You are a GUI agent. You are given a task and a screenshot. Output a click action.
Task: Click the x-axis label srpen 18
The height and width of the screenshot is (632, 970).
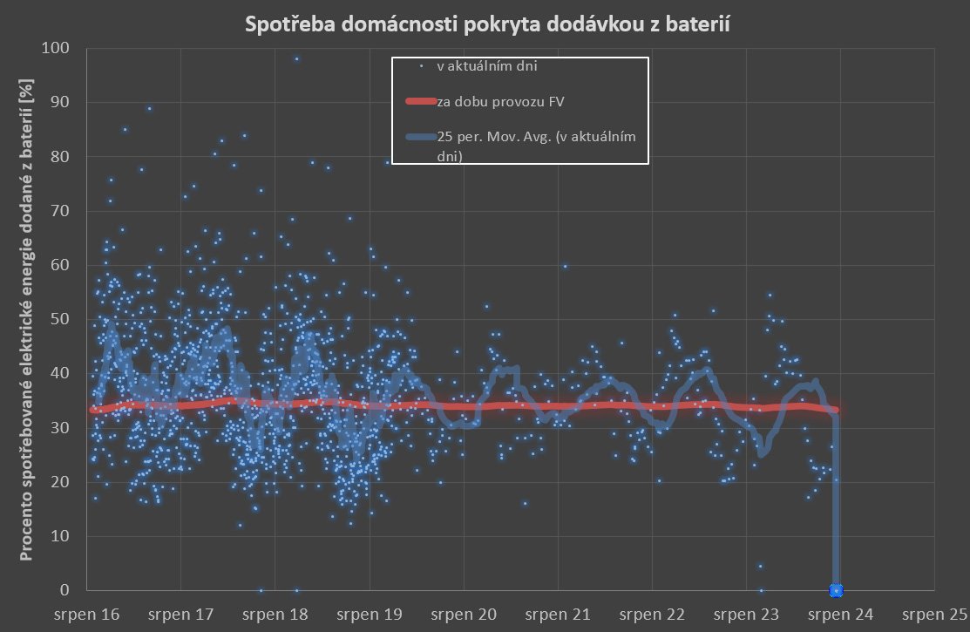tap(275, 615)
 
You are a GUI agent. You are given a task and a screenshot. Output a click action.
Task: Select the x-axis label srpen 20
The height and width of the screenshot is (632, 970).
tap(465, 615)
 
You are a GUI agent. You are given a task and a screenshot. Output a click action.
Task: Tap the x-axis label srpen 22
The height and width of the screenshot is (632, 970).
tap(655, 615)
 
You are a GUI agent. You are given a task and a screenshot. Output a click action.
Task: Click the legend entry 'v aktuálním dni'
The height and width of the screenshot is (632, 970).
tap(492, 65)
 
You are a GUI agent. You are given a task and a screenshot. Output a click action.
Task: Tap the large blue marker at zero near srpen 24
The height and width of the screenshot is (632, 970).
tap(837, 590)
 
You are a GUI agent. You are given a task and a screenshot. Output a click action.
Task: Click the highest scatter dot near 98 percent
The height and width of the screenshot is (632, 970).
tap(296, 58)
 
